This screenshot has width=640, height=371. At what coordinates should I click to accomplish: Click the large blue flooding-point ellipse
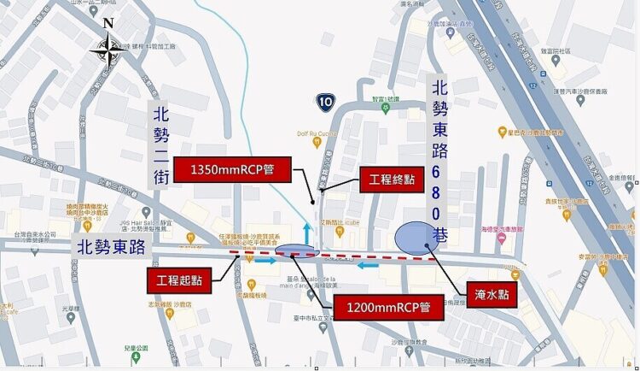click(417, 238)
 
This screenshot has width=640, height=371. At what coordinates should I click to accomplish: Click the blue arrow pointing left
click(368, 264)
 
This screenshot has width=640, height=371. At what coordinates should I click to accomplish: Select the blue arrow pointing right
click(265, 262)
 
